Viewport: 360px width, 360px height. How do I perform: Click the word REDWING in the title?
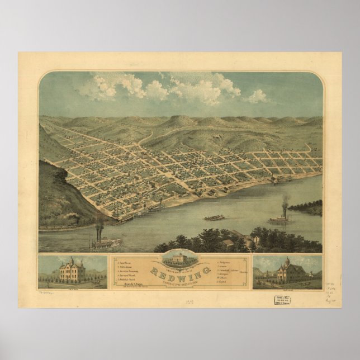[x=179, y=272]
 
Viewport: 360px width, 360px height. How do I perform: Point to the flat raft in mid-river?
[x=214, y=217]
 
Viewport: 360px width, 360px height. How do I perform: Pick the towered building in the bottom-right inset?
[x=285, y=272]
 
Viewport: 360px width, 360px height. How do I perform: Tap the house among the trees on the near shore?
[x=228, y=243]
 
